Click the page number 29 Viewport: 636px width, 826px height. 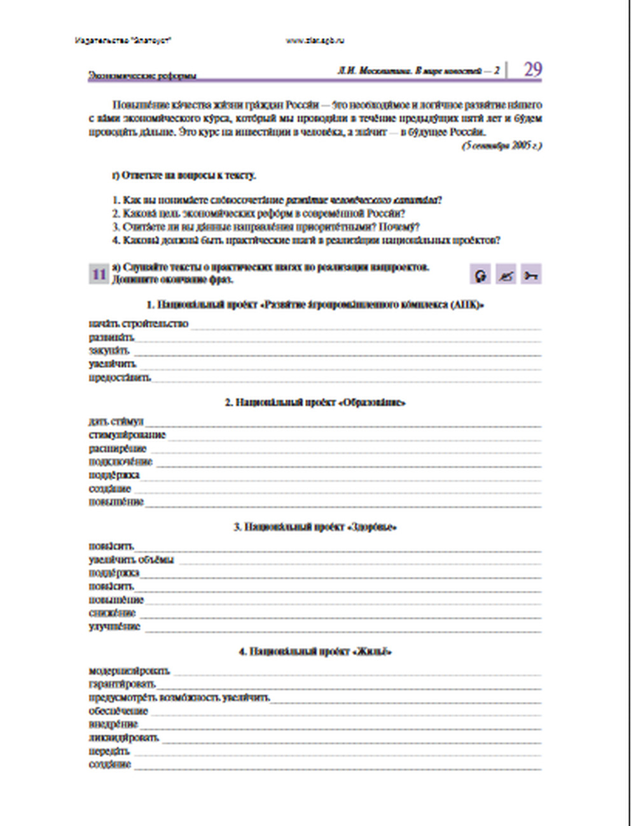532,69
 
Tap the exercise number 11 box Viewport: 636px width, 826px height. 99,274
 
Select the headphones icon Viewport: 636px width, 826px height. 481,275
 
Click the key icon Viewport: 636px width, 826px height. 531,275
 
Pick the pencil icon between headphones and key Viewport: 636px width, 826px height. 506,275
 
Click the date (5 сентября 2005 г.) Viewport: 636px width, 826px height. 502,146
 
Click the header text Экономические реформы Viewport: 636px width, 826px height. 142,76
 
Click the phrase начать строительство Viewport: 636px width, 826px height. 139,324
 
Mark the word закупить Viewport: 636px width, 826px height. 109,351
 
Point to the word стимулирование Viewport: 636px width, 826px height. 127,435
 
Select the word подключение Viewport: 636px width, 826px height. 121,462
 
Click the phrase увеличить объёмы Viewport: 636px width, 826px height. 131,560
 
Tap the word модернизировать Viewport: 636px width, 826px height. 129,671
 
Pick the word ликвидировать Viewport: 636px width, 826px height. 123,738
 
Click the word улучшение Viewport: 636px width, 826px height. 114,626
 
